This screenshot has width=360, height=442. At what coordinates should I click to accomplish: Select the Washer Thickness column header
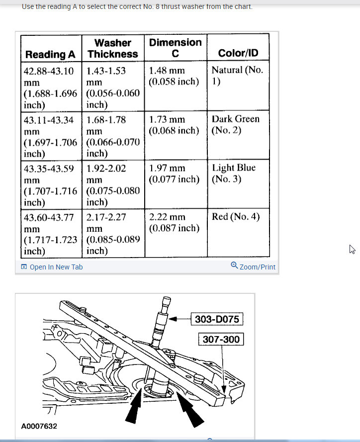(113, 48)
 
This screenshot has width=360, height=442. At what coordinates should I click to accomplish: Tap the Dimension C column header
(175, 48)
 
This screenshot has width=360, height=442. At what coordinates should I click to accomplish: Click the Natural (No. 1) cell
(237, 76)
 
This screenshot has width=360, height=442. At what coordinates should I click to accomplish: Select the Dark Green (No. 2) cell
(235, 124)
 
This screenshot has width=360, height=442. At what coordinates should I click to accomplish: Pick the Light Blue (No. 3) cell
(233, 173)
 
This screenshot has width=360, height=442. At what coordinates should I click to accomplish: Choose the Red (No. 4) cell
(235, 217)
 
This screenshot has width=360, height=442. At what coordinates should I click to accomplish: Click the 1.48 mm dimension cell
(174, 76)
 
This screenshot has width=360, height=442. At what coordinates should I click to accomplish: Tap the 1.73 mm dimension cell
(174, 125)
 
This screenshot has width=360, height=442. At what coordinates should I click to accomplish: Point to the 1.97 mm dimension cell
(174, 174)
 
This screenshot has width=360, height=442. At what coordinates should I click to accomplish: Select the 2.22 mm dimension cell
(174, 222)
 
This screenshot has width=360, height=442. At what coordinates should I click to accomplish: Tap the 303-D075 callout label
(217, 319)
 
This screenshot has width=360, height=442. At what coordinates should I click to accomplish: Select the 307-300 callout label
(221, 340)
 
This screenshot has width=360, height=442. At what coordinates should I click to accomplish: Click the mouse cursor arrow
(353, 249)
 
